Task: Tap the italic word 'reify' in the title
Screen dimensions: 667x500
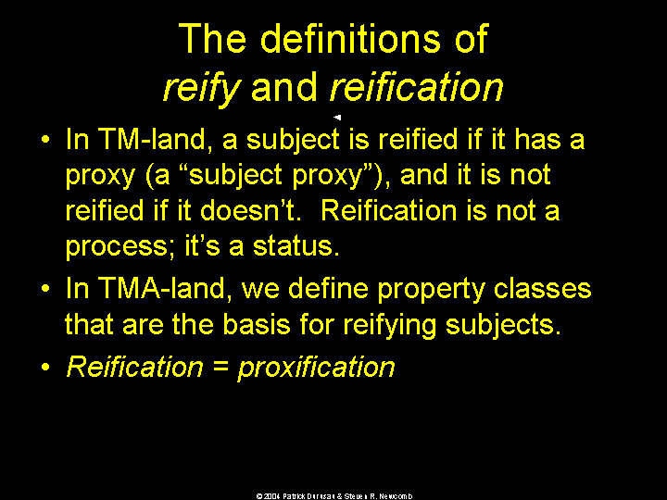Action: coord(202,88)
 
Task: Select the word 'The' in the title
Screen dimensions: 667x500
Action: coord(212,39)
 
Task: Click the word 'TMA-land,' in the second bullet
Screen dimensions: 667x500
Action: coord(165,289)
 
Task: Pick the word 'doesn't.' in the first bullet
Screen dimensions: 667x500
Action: coord(250,210)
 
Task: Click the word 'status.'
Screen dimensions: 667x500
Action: coord(296,245)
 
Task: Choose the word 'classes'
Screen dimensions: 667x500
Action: coord(542,289)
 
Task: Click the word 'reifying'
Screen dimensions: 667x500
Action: coord(390,326)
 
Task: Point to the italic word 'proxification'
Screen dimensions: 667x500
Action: coord(317,368)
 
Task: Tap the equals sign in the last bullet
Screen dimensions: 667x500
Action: coord(220,367)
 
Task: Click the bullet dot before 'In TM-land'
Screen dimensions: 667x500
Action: coord(46,139)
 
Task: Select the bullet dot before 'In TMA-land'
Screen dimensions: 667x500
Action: coord(46,289)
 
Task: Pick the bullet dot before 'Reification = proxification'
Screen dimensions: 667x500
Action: coord(46,366)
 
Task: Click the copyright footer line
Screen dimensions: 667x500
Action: coord(333,495)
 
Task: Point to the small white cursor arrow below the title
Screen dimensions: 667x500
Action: coord(337,118)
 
